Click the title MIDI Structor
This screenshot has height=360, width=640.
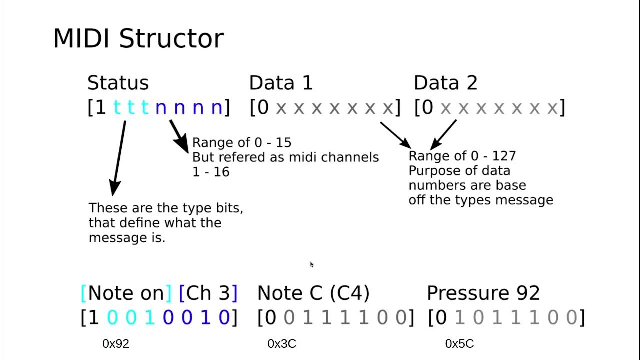[x=138, y=39]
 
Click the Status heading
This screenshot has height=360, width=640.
[x=118, y=83]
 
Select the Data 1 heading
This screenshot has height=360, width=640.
[x=281, y=83]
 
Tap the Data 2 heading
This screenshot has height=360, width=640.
[x=445, y=83]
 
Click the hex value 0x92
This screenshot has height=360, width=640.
[x=116, y=344]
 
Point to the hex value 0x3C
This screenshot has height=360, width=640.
[x=282, y=344]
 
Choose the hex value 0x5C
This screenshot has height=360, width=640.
[x=459, y=344]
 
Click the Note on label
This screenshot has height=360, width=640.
[x=126, y=293]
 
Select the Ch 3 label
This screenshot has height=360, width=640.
[x=208, y=293]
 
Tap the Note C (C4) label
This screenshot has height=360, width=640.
[x=313, y=293]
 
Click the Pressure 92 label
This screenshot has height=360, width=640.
[x=483, y=293]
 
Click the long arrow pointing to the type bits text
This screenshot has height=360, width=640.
[x=119, y=157]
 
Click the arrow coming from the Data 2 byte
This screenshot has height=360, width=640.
[x=443, y=133]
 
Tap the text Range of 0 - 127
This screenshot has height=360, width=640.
[x=462, y=156]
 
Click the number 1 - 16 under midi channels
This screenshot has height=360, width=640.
[x=211, y=172]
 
